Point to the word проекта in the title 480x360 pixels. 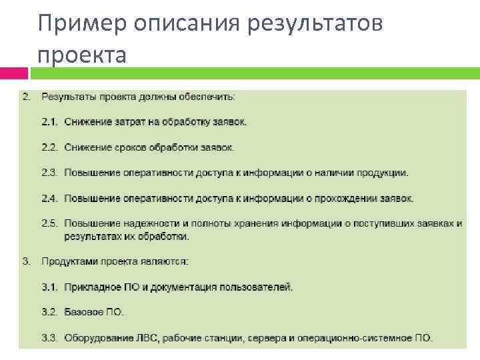click(x=81, y=55)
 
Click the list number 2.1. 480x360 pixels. click(x=51, y=122)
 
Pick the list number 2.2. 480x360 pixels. click(x=51, y=147)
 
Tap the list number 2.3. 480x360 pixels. click(x=51, y=173)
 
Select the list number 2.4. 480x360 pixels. click(x=51, y=198)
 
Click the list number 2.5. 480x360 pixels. click(x=51, y=223)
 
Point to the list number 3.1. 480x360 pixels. click(x=51, y=287)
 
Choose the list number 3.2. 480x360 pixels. click(x=51, y=312)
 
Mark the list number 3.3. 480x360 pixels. click(x=51, y=338)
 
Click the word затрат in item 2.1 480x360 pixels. click(x=126, y=122)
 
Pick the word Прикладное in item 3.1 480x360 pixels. click(x=92, y=287)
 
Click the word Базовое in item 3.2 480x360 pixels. click(x=85, y=312)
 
